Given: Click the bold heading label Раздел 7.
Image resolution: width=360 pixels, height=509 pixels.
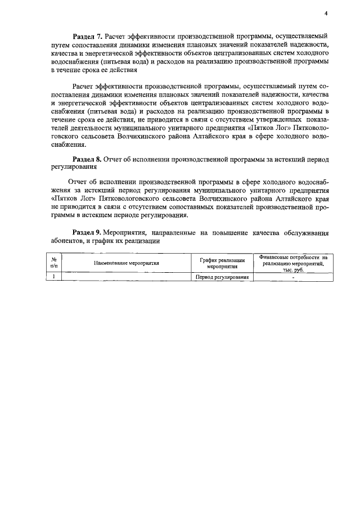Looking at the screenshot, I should click(88, 36).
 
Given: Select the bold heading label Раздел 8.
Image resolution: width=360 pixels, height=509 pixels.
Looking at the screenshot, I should click(88, 160).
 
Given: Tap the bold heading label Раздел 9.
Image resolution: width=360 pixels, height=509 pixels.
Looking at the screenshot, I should click(88, 232).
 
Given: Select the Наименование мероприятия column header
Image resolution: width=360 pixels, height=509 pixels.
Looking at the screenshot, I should click(127, 263).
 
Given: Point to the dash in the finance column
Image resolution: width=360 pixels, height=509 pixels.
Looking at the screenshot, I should click(293, 277).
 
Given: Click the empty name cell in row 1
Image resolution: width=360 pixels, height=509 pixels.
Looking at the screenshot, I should click(127, 277).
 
